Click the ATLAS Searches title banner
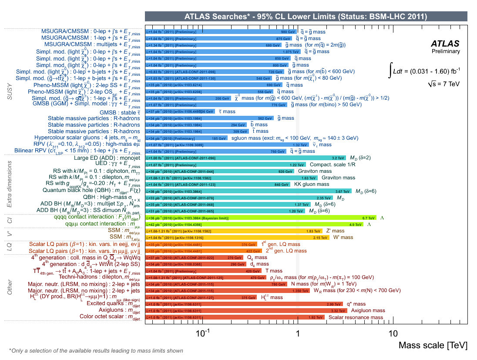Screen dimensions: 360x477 point(306,17)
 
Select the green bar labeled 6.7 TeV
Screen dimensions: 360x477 point(261,217)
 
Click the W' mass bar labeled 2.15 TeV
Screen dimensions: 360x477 point(237,238)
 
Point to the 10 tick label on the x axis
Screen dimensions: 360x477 point(393,333)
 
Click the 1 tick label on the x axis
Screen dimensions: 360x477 point(298,333)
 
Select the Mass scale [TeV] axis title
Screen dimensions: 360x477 point(433,345)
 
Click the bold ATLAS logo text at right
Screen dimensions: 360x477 point(445,44)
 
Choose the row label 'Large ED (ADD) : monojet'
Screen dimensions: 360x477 point(107,158)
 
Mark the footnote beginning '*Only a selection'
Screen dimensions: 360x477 point(96,350)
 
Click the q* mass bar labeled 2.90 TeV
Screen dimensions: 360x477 point(244,304)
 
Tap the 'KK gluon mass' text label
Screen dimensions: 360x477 point(311,184)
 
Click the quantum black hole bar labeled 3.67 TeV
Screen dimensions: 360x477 point(248,191)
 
